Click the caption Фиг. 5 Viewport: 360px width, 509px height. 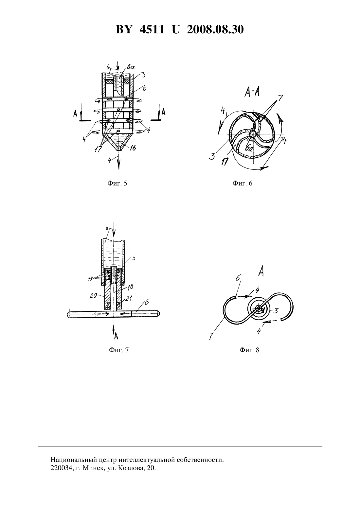pyautogui.click(x=117, y=183)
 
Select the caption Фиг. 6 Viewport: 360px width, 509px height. pyautogui.click(x=242, y=183)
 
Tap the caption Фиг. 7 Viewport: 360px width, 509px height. pyautogui.click(x=118, y=350)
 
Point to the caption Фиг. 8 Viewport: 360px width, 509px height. pyautogui.click(x=249, y=350)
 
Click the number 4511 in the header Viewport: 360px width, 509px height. pyautogui.click(x=152, y=29)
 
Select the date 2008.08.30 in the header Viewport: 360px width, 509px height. pyautogui.click(x=215, y=29)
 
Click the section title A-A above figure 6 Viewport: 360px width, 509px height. pyautogui.click(x=252, y=93)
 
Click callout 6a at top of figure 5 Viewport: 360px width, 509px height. pyautogui.click(x=131, y=67)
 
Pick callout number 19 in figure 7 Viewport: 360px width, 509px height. pyautogui.click(x=90, y=278)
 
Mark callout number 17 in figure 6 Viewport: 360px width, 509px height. pyautogui.click(x=224, y=162)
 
